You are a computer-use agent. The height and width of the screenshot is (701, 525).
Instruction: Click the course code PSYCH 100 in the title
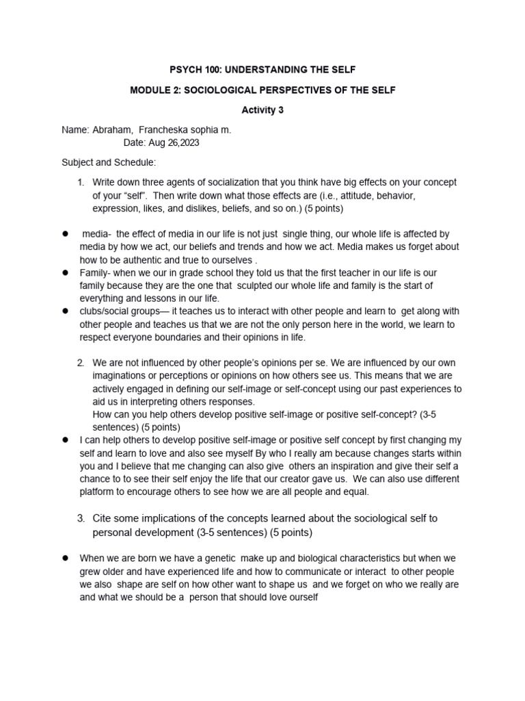coord(193,70)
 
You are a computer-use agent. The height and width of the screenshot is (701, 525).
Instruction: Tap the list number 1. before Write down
coord(81,182)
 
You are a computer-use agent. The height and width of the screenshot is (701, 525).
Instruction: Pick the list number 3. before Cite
coord(81,518)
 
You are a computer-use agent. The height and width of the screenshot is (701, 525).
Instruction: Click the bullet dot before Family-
coord(65,272)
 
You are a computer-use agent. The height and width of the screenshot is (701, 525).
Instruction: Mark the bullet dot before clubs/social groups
coord(65,311)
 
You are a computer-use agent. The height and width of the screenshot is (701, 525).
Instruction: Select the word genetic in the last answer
coord(205,558)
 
